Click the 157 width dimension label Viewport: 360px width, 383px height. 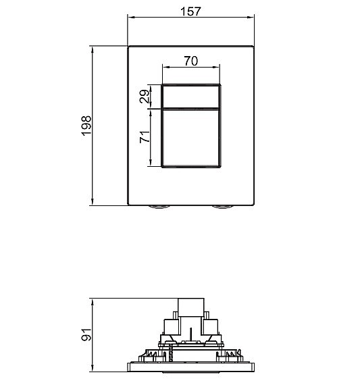pyautogui.click(x=191, y=11)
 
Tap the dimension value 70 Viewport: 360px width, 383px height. pyautogui.click(x=190, y=61)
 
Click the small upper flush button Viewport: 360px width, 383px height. pyautogui.click(x=191, y=96)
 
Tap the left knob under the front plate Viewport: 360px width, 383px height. pyautogui.click(x=160, y=208)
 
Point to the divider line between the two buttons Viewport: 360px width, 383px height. pyautogui.click(x=191, y=108)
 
